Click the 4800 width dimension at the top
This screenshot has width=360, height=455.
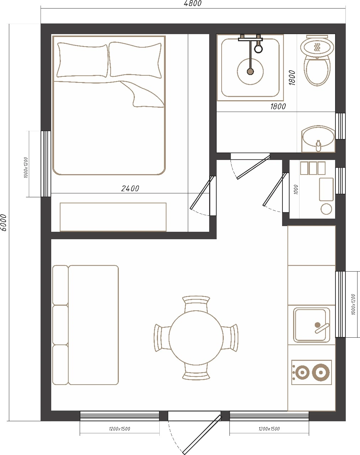[x=192, y=4]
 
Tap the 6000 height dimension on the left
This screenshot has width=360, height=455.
[x=4, y=223]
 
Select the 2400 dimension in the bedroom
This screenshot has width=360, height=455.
[x=130, y=188]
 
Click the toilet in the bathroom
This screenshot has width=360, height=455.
[x=317, y=61]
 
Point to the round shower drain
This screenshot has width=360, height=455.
[x=250, y=71]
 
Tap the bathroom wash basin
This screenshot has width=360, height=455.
[x=318, y=139]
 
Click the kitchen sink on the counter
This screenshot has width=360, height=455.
[x=311, y=325]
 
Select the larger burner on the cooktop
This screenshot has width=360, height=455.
[x=321, y=372]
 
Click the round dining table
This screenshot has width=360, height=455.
[x=196, y=338]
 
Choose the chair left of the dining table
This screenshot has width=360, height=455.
[x=162, y=338]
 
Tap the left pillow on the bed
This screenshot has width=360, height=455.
[x=83, y=60]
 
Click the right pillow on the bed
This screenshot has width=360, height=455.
[x=135, y=59]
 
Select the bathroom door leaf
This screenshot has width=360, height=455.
[x=253, y=167]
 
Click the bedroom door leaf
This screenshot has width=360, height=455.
[x=202, y=193]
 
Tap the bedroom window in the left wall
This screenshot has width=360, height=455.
[x=46, y=164]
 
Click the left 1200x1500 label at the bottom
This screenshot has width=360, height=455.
[x=120, y=429]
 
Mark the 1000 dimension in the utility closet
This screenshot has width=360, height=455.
[x=296, y=189]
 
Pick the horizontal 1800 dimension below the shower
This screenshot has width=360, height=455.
[x=278, y=106]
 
